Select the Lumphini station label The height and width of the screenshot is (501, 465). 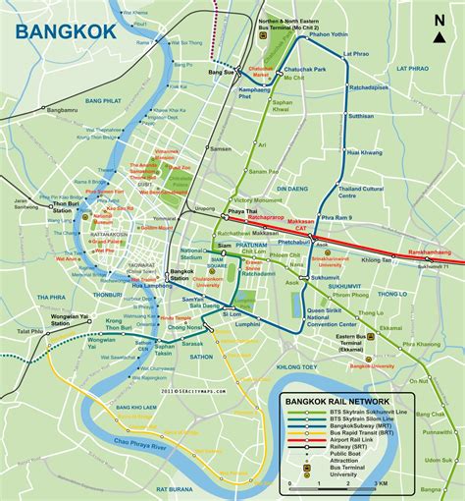click(x=274, y=323)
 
